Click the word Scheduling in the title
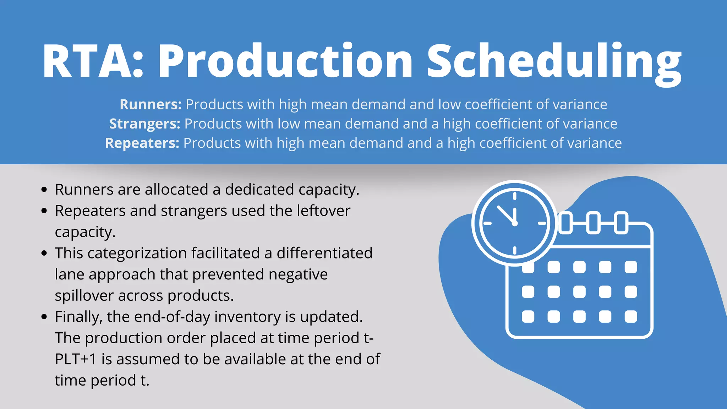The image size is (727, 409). [x=554, y=61]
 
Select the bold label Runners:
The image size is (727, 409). [x=151, y=104]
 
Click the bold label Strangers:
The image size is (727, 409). [x=145, y=124]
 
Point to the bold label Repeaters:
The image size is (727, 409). [x=142, y=143]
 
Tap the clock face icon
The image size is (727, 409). [x=514, y=223]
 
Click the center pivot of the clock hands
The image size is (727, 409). [x=515, y=223]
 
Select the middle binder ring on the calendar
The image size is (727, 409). [x=593, y=223]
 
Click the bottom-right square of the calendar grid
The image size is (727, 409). [x=630, y=316]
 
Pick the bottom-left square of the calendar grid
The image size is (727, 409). [x=528, y=316]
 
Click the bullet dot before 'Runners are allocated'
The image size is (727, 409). [x=44, y=190]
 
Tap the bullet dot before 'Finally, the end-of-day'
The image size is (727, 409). [x=44, y=317]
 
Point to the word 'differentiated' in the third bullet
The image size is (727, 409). [x=324, y=253]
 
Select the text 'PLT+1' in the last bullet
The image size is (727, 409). [x=76, y=359]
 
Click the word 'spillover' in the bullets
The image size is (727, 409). [x=84, y=296]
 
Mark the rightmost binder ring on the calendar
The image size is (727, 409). [x=621, y=223]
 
